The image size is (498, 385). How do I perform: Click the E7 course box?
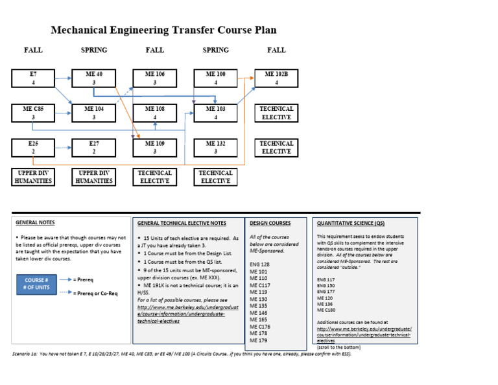[x=33, y=78]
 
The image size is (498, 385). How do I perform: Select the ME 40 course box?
[x=94, y=78]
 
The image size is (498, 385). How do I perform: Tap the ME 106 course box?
[x=155, y=78]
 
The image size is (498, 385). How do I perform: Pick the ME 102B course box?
[x=276, y=78]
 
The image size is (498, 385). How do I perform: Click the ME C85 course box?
[x=33, y=113]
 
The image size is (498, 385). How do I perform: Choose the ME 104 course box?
[x=94, y=113]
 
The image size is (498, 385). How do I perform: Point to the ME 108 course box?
[x=155, y=113]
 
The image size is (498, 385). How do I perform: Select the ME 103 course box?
[x=215, y=113]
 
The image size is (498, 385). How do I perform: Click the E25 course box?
[x=33, y=148]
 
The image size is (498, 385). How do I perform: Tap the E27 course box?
[x=94, y=148]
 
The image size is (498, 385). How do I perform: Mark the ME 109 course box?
[x=155, y=148]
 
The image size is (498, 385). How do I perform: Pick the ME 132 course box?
[x=215, y=148]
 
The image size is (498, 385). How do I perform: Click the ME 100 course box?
[x=215, y=78]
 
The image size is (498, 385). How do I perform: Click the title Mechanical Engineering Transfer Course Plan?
[x=163, y=30]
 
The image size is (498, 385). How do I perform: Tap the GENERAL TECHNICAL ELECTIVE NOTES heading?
[x=182, y=224]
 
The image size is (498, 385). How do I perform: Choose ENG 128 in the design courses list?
[x=259, y=265]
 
